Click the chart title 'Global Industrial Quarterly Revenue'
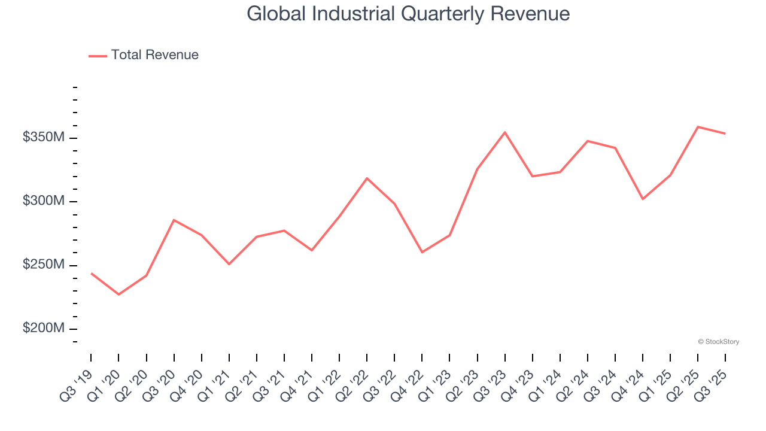pyautogui.click(x=408, y=14)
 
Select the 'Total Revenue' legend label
pyautogui.click(x=154, y=55)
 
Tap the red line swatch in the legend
pyautogui.click(x=98, y=56)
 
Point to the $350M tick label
pyautogui.click(x=43, y=138)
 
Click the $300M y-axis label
pyautogui.click(x=43, y=201)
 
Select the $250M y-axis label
pyautogui.click(x=43, y=265)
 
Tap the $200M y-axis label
pyautogui.click(x=43, y=329)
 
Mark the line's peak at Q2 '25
pyautogui.click(x=698, y=127)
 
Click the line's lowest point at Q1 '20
pyautogui.click(x=118, y=295)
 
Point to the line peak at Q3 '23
pyautogui.click(x=505, y=132)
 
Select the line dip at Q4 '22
pyautogui.click(x=422, y=252)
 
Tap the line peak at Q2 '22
pyautogui.click(x=367, y=178)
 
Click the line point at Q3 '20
pyautogui.click(x=174, y=220)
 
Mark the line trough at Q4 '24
pyautogui.click(x=643, y=199)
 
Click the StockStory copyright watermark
pyautogui.click(x=718, y=342)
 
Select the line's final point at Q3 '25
pyautogui.click(x=725, y=133)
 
